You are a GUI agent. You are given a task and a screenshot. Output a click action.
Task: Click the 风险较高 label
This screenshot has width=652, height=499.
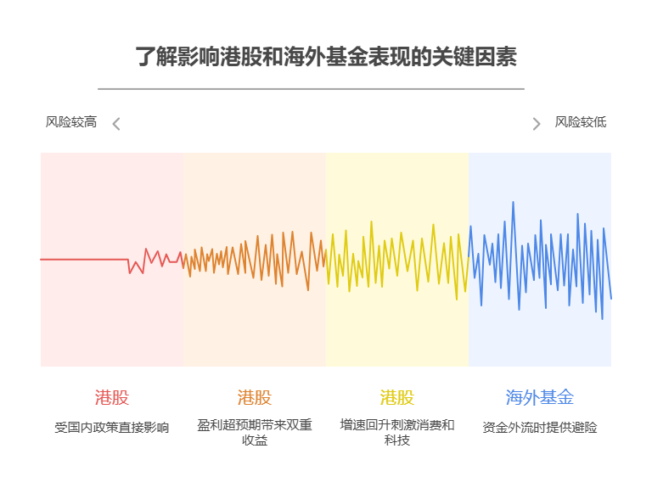pyautogui.click(x=70, y=122)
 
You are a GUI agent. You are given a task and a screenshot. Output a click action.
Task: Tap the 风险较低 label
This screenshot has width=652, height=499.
pyautogui.click(x=580, y=122)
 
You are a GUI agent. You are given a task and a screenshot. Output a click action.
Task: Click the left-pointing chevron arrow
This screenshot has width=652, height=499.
pyautogui.click(x=116, y=124)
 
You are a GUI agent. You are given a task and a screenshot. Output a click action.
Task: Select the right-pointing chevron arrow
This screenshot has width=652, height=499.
pyautogui.click(x=536, y=124)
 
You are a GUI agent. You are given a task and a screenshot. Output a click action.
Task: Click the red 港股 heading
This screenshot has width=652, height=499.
pyautogui.click(x=111, y=397)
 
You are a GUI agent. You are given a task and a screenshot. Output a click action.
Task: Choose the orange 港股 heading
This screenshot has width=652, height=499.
pyautogui.click(x=254, y=397)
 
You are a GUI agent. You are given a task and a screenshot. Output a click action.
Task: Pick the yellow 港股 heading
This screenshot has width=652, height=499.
pyautogui.click(x=396, y=397)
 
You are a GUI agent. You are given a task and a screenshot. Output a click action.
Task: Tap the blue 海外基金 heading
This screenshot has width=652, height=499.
pyautogui.click(x=539, y=397)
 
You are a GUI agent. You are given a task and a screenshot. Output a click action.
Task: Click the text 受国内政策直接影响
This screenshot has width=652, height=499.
pyautogui.click(x=111, y=428)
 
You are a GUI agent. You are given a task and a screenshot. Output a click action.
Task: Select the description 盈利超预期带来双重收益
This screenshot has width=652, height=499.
pyautogui.click(x=254, y=432)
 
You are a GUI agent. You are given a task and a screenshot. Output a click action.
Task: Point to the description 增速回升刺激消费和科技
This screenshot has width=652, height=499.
pyautogui.click(x=396, y=432)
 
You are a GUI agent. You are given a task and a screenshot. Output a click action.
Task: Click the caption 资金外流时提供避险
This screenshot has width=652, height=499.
pyautogui.click(x=539, y=428)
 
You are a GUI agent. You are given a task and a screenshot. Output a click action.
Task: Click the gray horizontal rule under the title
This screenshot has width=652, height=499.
pyautogui.click(x=311, y=88)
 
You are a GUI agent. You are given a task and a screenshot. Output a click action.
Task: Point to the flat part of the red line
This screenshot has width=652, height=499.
pyautogui.click(x=85, y=259)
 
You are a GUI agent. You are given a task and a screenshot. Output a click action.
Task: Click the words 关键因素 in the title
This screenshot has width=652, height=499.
pyautogui.click(x=479, y=57)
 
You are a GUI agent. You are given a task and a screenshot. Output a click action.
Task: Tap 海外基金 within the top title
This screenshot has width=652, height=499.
pyautogui.click(x=326, y=57)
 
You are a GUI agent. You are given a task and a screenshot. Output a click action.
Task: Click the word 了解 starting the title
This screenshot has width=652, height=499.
pyautogui.click(x=155, y=57)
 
